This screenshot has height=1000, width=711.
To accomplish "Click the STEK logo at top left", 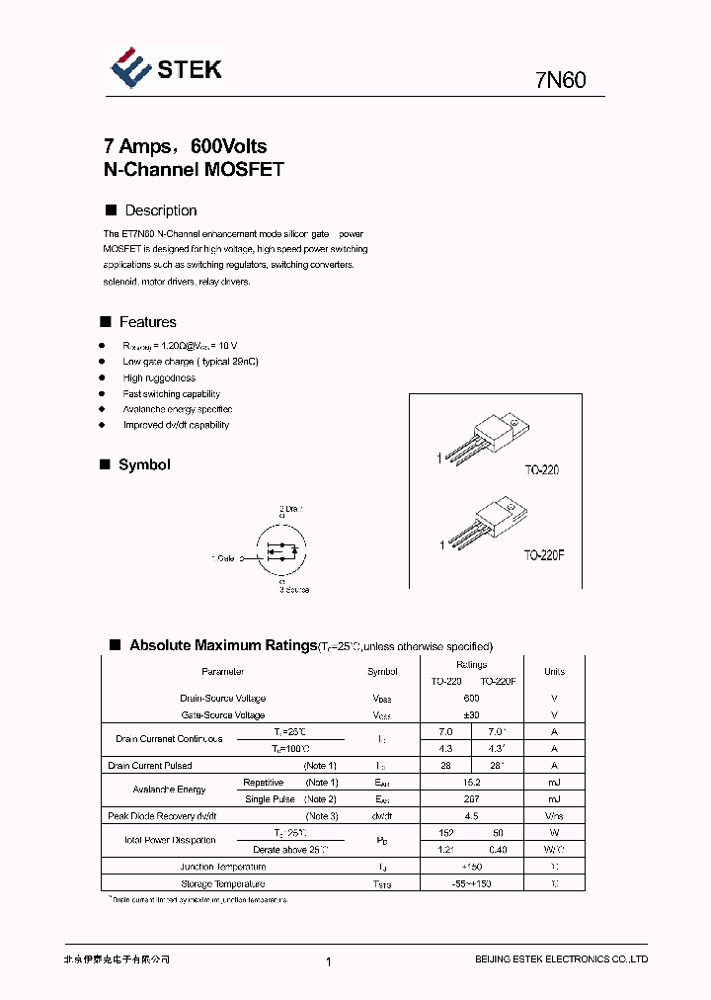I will [x=165, y=67].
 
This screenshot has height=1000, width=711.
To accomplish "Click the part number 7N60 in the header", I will [x=561, y=80].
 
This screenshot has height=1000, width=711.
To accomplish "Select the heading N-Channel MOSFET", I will [x=194, y=169].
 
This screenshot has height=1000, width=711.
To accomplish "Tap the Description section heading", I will [x=160, y=210].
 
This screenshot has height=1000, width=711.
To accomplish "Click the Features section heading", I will [x=147, y=322].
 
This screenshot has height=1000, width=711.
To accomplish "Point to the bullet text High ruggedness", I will [x=159, y=377].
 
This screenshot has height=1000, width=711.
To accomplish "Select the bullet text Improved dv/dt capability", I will [x=176, y=425].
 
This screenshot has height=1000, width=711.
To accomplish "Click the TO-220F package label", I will [x=543, y=556].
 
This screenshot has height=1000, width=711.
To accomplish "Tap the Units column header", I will [x=554, y=672].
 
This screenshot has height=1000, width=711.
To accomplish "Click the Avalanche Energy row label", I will [x=170, y=790].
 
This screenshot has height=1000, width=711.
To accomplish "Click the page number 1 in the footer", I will [x=327, y=960].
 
